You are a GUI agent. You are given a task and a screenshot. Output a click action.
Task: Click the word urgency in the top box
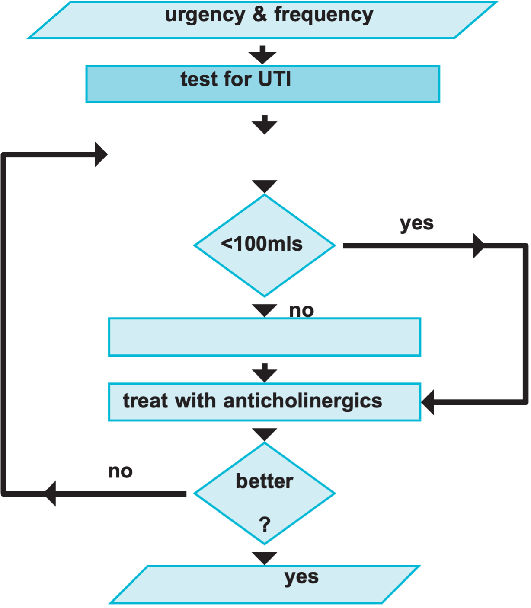(205, 15)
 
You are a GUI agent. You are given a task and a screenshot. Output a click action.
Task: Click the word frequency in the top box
(323, 15)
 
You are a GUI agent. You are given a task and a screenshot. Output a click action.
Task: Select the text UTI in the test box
(274, 79)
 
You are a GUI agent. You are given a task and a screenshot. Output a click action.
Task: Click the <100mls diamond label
(262, 244)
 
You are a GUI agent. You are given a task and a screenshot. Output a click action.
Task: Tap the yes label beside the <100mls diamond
(416, 223)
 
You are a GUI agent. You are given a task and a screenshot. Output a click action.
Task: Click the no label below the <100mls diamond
(301, 310)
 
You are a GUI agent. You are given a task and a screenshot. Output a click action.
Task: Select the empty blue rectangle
(264, 337)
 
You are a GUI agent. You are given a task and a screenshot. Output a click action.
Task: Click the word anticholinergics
(303, 401)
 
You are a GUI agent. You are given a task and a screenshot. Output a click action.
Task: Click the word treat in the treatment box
(145, 401)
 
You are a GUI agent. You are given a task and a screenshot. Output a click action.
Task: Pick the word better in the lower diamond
(264, 481)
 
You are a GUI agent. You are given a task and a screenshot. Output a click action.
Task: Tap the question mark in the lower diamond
(265, 525)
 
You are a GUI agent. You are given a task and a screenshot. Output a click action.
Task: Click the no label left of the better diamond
(121, 471)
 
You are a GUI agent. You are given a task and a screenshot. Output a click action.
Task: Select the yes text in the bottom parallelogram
(301, 576)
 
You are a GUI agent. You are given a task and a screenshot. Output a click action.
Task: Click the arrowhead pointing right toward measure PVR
(101, 154)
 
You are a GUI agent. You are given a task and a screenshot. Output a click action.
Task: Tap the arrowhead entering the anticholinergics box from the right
(427, 402)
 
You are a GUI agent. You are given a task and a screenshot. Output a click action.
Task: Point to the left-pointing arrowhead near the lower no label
(51, 493)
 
